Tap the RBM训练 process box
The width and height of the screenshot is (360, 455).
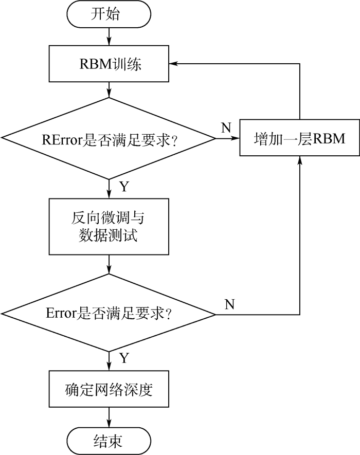tap(109, 64)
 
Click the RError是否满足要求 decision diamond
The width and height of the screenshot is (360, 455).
tap(109, 138)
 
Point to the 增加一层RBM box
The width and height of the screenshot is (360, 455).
tap(299, 138)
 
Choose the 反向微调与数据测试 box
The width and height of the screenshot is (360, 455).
tap(109, 227)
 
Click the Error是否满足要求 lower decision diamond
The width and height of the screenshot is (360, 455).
tap(109, 314)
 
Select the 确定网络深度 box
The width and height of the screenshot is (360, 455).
tap(109, 390)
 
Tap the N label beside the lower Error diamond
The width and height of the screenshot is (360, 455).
tap(229, 304)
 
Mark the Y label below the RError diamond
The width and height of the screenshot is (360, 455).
tap(124, 187)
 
